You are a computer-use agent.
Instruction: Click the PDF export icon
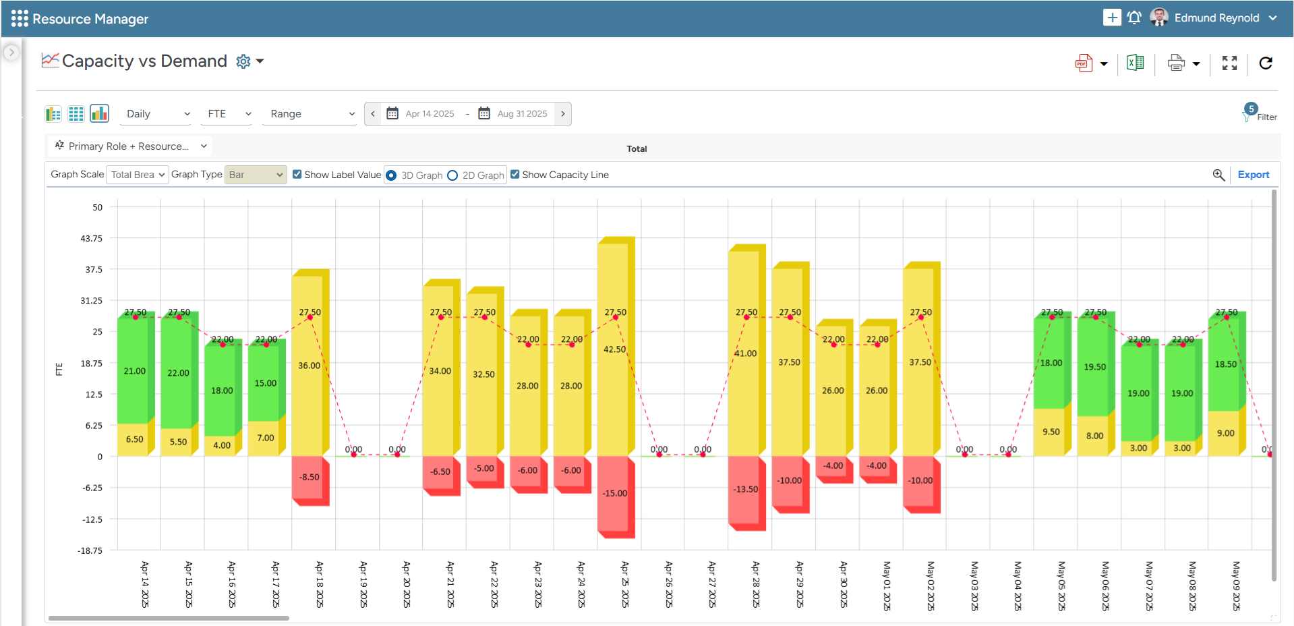tap(1084, 63)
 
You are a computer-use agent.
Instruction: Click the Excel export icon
tap(1135, 63)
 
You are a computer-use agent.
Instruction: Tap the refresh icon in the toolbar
tap(1266, 63)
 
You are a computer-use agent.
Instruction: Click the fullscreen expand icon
tap(1229, 63)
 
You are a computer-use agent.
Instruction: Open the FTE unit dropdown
tap(229, 114)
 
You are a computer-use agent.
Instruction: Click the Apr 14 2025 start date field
tap(430, 114)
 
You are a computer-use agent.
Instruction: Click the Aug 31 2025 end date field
tap(522, 114)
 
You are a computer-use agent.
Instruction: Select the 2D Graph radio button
tap(452, 175)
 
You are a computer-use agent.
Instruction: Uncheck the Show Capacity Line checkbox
tap(515, 175)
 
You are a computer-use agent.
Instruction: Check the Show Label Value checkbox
tap(297, 175)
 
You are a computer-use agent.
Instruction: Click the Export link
tap(1253, 175)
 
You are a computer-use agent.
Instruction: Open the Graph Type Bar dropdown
tap(256, 175)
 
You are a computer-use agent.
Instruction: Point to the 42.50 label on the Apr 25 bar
tap(614, 349)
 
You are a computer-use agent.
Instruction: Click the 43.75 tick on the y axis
tap(92, 239)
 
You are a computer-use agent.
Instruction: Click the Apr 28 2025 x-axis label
tap(756, 584)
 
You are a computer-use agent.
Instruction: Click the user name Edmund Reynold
tap(1216, 18)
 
